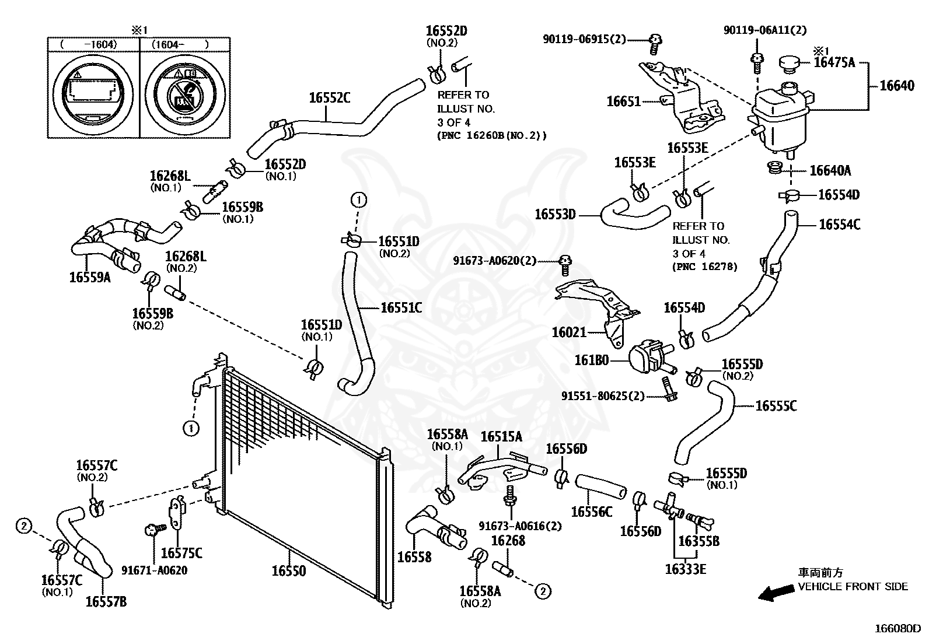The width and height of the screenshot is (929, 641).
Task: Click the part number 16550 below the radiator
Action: tap(288, 571)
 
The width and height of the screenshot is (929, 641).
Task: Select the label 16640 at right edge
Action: tap(897, 86)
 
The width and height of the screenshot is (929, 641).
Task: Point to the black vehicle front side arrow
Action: tap(775, 593)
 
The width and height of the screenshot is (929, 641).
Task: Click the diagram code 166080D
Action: tap(897, 629)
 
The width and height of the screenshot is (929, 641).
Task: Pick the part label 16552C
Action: tap(330, 97)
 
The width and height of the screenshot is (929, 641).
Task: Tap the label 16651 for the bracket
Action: tap(624, 101)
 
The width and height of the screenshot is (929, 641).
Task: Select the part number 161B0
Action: tap(592, 360)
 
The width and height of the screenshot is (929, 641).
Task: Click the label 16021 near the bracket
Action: tap(569, 332)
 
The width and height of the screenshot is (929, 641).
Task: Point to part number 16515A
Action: tap(501, 437)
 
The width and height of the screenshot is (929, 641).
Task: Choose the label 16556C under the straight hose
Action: tap(591, 512)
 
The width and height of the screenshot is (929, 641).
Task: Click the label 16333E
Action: tap(685, 569)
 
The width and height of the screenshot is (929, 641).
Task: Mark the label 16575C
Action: tap(181, 553)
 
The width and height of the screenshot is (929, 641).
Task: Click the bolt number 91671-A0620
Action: tap(155, 570)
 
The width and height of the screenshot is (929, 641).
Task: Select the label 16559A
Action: tap(90, 278)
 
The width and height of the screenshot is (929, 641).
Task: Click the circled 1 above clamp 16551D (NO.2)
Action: tap(358, 201)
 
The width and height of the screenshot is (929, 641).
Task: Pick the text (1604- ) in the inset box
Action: tap(180, 44)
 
